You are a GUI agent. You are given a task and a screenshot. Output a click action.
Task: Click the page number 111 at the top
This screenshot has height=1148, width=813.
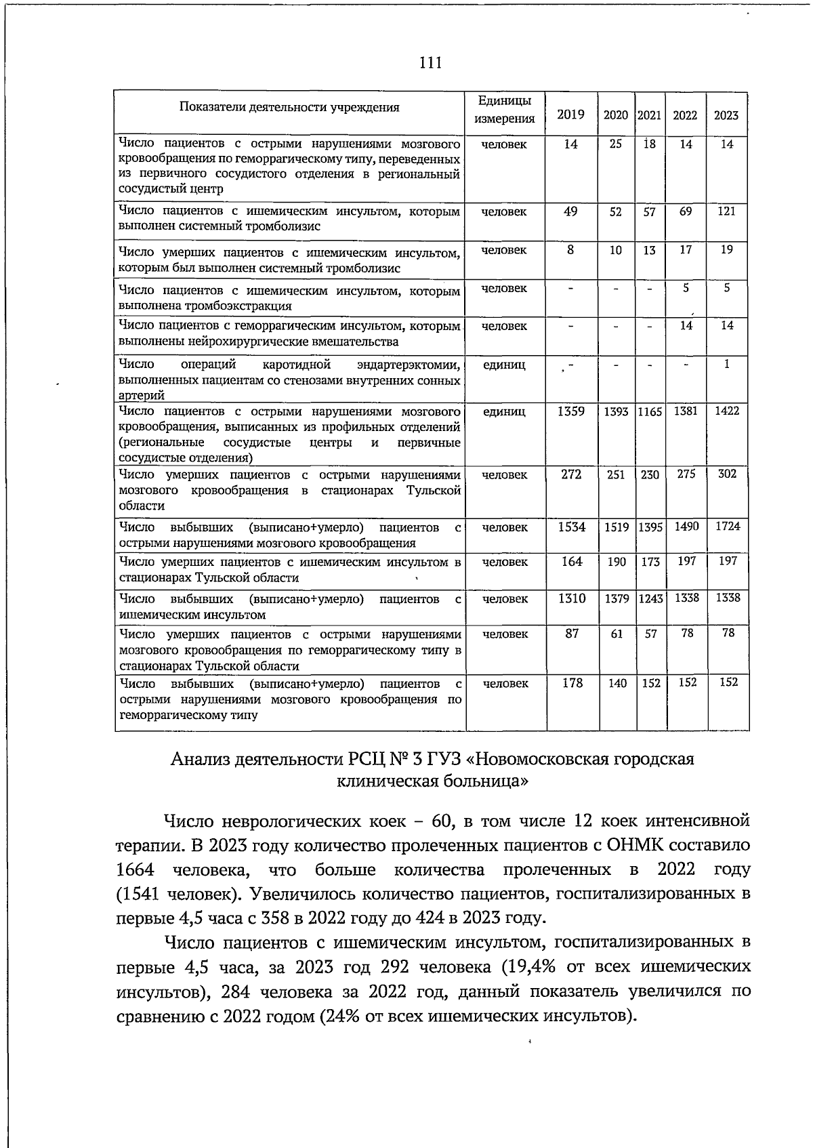[x=430, y=63]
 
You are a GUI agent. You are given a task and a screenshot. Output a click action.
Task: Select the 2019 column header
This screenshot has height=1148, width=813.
[x=570, y=115]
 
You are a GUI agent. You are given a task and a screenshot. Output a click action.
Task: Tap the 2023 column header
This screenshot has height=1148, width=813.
[x=726, y=115]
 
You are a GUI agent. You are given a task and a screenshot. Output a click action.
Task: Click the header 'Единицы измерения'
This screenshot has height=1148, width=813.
[x=505, y=109]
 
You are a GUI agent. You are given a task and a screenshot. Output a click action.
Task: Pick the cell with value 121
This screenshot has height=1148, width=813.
[x=726, y=211]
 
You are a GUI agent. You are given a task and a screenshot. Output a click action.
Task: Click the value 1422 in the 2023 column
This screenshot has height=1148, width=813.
[x=726, y=411]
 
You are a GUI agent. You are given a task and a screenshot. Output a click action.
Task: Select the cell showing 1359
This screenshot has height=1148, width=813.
[x=570, y=411]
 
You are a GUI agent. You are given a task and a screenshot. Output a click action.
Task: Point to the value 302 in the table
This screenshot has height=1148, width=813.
[x=727, y=474]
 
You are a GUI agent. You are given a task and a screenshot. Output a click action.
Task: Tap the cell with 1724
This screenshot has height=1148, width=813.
[x=728, y=526]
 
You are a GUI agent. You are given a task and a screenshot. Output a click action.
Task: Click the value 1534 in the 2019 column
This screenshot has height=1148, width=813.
[x=571, y=527]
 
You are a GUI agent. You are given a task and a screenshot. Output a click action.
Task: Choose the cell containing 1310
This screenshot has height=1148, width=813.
[x=571, y=598]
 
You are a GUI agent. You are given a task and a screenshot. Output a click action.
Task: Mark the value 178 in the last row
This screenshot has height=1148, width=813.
[x=572, y=683]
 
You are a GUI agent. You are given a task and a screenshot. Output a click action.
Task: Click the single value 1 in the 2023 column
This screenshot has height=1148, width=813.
[x=727, y=364]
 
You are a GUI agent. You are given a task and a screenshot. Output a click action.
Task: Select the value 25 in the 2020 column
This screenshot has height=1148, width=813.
[x=615, y=144]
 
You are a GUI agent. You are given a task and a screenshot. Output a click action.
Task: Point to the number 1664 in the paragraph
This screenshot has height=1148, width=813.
[x=135, y=869]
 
